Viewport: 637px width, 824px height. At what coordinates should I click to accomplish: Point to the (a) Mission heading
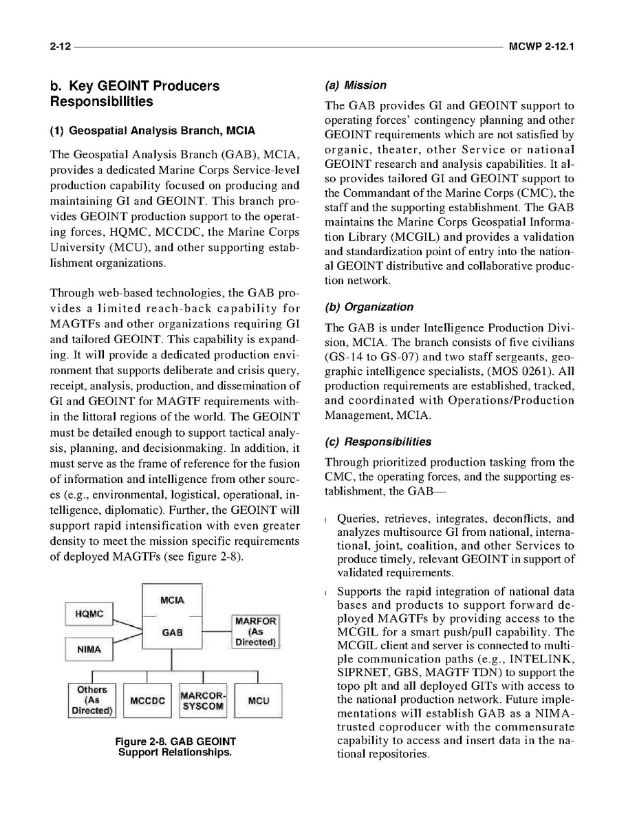click(x=355, y=85)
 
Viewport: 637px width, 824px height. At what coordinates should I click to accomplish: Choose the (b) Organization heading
click(x=369, y=307)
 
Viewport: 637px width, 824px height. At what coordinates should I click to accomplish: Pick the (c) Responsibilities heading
click(x=378, y=442)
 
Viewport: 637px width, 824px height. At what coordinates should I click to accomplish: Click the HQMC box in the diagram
click(x=88, y=614)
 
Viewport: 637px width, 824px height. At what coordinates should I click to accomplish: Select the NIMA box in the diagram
click(x=88, y=649)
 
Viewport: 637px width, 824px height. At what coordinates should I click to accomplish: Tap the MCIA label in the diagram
click(x=171, y=600)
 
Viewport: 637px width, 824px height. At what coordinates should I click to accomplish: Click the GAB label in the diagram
click(x=171, y=633)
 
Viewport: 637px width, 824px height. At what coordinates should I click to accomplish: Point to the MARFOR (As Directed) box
click(x=256, y=632)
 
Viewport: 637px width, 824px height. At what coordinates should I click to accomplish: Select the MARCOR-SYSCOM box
click(x=202, y=700)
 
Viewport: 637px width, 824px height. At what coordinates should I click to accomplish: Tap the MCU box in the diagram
click(x=258, y=701)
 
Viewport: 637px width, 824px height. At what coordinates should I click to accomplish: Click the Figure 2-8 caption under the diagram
click(x=175, y=746)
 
